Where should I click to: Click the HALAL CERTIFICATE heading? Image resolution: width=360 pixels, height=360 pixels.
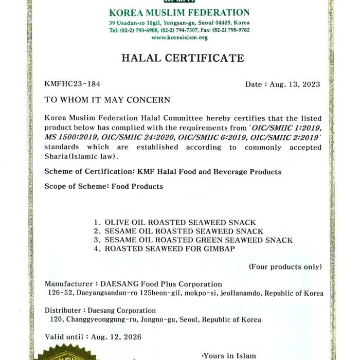click(x=183, y=58)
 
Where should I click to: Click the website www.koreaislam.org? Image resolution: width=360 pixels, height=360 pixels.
click(x=179, y=38)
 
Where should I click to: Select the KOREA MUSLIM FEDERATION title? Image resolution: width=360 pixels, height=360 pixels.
click(x=179, y=12)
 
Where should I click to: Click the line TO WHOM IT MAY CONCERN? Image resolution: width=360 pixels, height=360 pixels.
click(x=107, y=100)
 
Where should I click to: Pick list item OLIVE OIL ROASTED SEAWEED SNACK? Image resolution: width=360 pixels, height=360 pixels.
click(x=180, y=222)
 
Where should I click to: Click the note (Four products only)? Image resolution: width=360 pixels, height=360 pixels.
click(x=285, y=266)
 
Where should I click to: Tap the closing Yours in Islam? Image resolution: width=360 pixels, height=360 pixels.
click(x=229, y=355)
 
